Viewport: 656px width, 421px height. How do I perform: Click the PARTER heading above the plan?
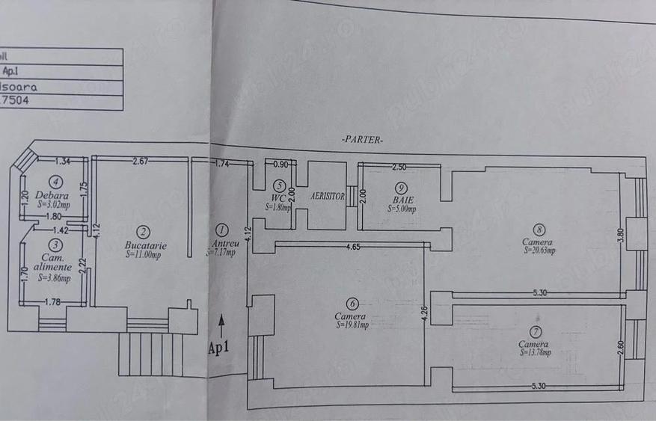point(362,140)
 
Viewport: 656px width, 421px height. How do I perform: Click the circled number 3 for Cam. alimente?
point(55,245)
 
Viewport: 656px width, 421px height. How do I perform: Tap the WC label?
point(278,198)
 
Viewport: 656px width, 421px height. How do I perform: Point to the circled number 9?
point(402,187)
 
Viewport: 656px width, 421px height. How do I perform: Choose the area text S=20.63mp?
point(539,251)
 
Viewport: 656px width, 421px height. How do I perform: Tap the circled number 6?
point(352,303)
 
